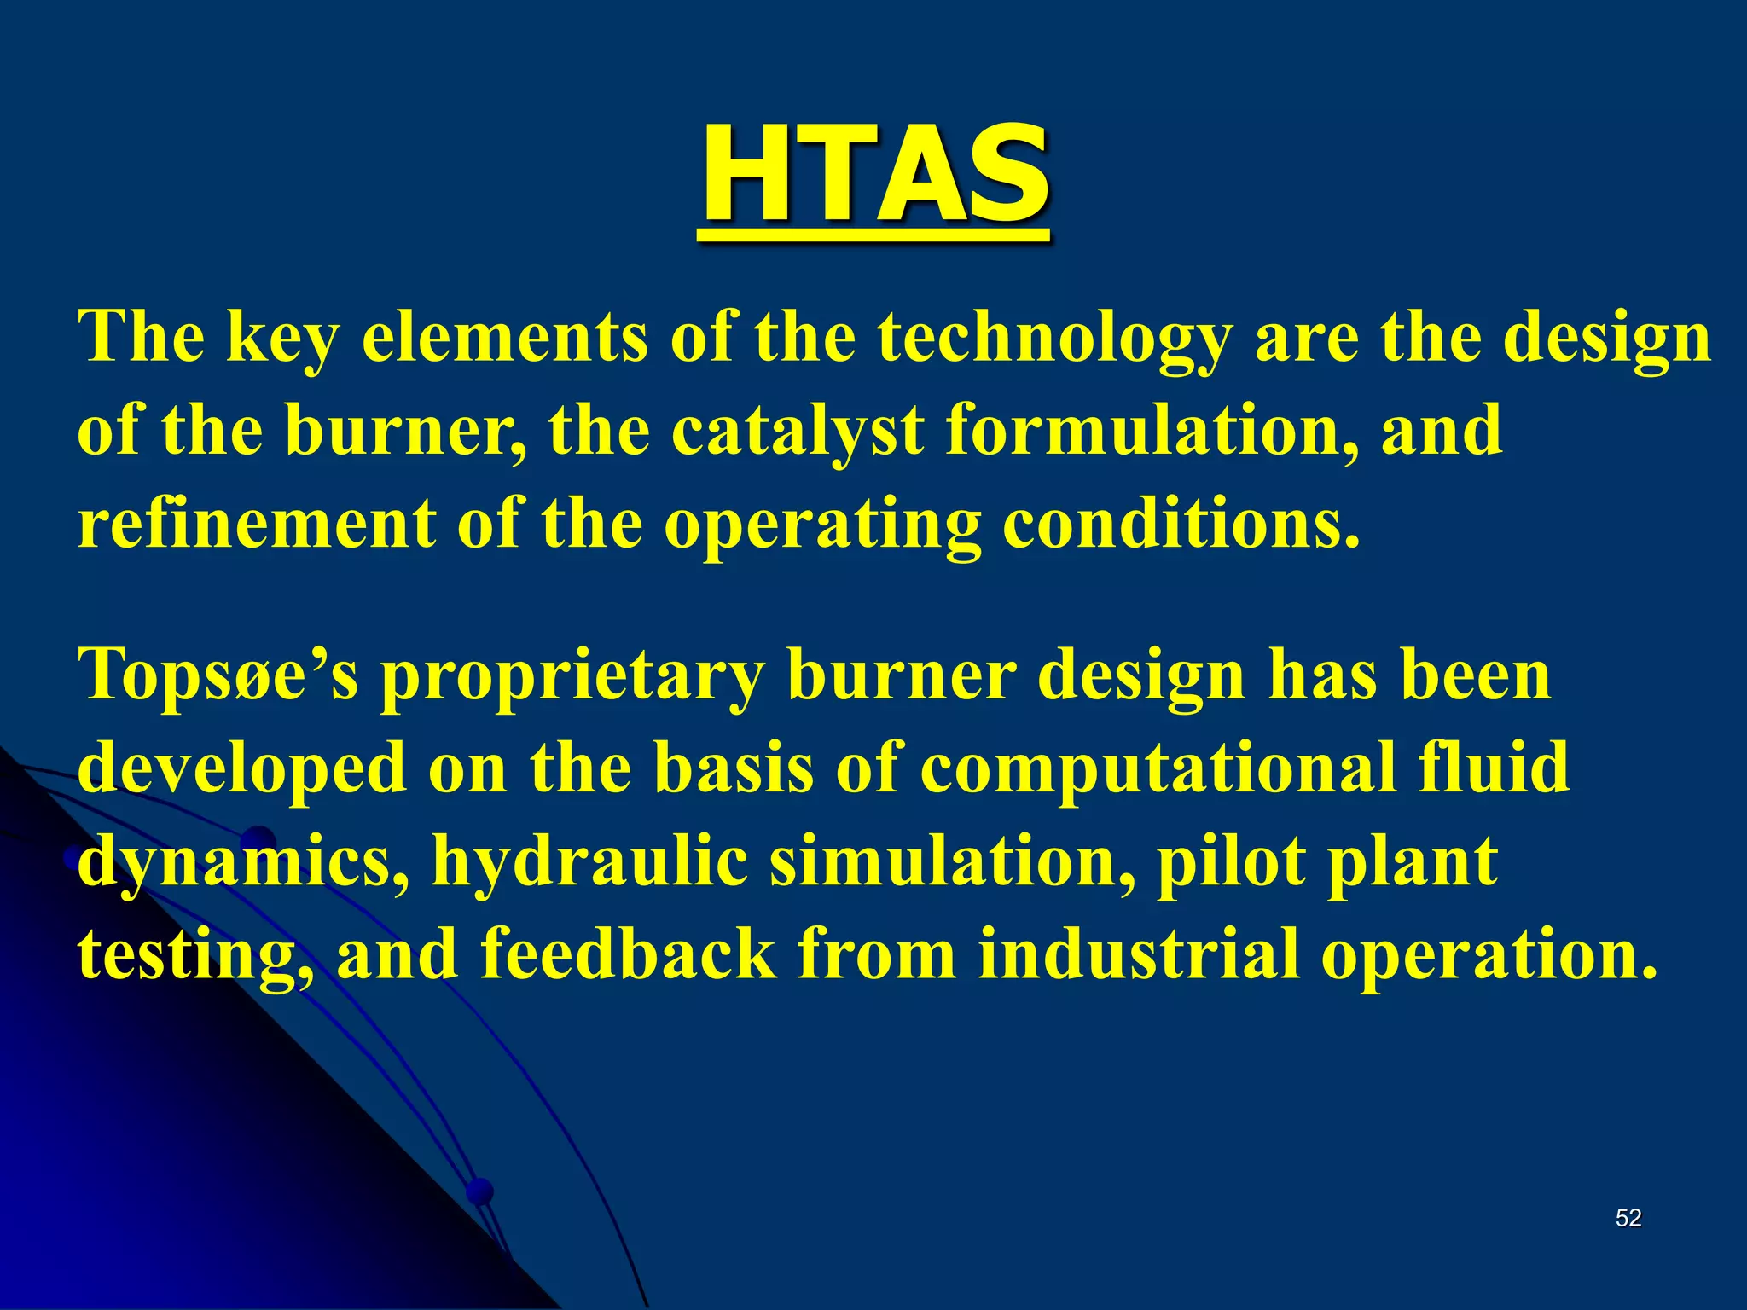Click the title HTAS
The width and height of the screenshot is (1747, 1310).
click(x=875, y=174)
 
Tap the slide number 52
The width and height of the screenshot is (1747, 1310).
click(x=1628, y=1218)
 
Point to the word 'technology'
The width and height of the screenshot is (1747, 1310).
click(x=1055, y=339)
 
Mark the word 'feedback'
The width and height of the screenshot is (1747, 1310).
click(x=628, y=954)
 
